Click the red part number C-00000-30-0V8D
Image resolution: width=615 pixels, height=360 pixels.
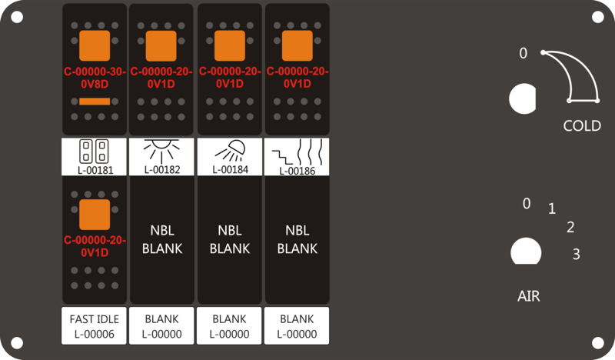[95, 78]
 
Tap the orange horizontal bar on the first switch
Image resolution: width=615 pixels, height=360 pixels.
[95, 102]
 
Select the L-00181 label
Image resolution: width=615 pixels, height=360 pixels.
[95, 170]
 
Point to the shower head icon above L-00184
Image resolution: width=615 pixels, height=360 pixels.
[231, 150]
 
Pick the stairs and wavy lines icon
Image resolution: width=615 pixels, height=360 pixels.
[298, 152]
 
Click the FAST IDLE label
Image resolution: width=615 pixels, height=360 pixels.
[94, 319]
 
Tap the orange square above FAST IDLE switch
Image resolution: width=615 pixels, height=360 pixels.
[95, 215]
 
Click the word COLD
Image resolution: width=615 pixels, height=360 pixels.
[582, 125]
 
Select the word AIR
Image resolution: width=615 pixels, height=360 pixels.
[529, 296]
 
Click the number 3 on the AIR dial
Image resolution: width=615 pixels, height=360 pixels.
[576, 255]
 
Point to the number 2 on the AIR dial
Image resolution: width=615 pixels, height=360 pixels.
[570, 227]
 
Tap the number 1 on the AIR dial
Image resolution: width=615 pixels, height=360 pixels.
[552, 208]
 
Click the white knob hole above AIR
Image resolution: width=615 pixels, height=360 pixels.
[526, 252]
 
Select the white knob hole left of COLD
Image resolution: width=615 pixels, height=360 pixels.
[523, 98]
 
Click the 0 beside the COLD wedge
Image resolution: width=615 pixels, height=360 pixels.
[524, 53]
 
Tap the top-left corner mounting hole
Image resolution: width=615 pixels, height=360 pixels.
[17, 17]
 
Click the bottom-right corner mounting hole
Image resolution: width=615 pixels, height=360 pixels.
[598, 343]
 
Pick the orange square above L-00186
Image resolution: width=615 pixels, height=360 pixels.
[298, 45]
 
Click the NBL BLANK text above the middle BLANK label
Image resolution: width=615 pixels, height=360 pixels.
[230, 239]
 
